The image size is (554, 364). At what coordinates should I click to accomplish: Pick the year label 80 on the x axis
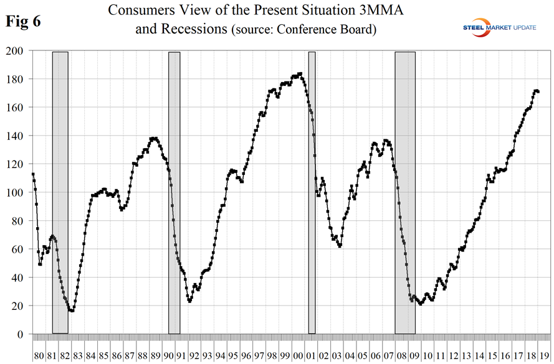39,356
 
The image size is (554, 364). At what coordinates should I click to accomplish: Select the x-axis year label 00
298,356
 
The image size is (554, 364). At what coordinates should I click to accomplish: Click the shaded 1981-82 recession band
60,187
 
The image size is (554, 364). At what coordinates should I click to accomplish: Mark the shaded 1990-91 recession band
174,187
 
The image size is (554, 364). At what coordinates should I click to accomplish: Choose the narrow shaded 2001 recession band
312,187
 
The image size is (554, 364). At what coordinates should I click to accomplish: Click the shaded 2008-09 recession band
405,187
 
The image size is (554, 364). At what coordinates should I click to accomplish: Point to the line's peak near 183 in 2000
300,74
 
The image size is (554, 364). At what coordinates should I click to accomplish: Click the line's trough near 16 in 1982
72,310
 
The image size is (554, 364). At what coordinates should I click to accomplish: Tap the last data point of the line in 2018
538,91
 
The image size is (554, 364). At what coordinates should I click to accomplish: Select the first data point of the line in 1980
33,174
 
